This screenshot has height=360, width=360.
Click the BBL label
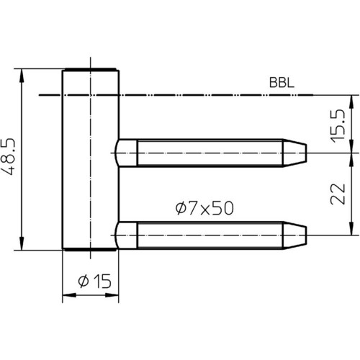[x=282, y=83]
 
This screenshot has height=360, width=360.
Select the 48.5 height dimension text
[x=8, y=156]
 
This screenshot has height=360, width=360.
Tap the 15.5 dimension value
[x=338, y=126]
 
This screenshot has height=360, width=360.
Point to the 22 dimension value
[x=338, y=194]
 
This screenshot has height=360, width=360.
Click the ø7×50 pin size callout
[x=204, y=208]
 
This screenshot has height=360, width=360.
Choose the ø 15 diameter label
[x=94, y=281]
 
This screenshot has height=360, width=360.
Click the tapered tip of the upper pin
[x=294, y=153]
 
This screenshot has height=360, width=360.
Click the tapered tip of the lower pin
[x=294, y=235]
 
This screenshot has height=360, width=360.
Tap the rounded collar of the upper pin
[x=126, y=153]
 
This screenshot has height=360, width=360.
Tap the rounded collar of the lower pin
[x=126, y=235]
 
